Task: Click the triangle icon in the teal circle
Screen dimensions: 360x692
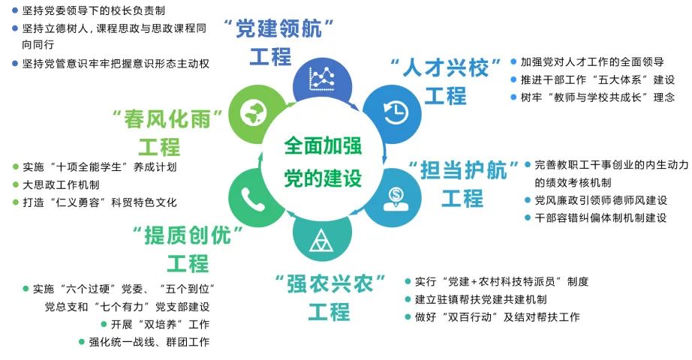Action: [322, 241]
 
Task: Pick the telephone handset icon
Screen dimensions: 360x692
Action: [250, 197]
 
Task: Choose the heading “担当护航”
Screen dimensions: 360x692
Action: [462, 169]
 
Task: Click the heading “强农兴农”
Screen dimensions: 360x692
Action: [330, 284]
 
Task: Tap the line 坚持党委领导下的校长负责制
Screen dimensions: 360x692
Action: [95, 11]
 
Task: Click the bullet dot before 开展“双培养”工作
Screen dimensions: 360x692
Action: [103, 325]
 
